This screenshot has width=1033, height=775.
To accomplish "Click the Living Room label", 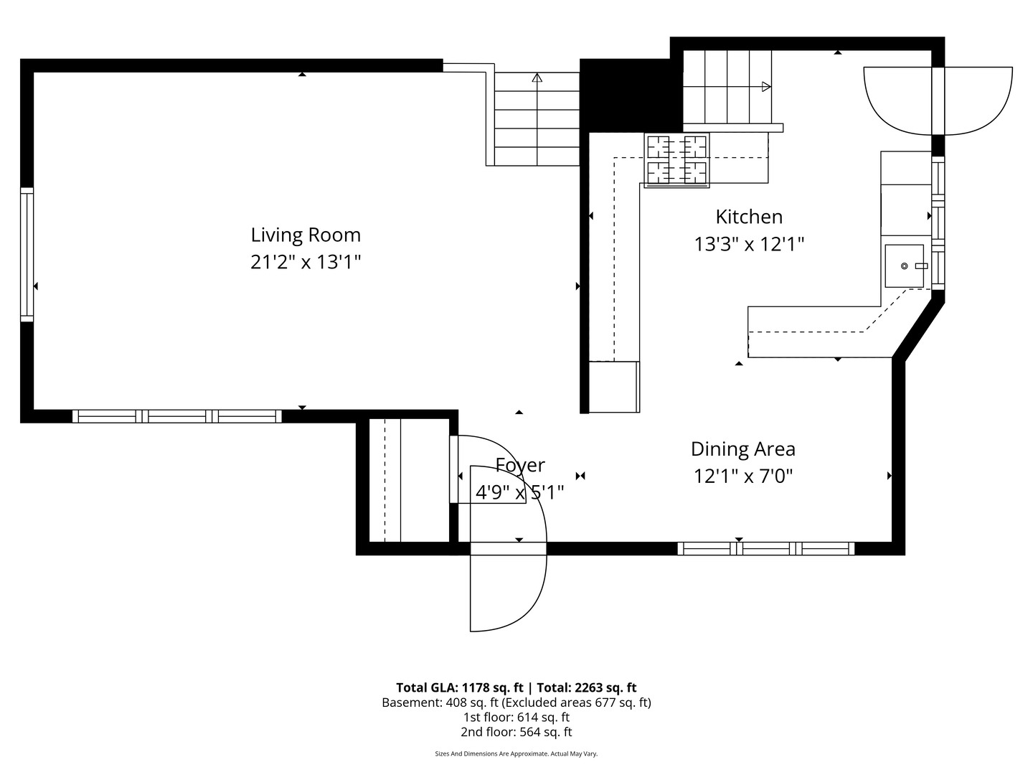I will tap(306, 235).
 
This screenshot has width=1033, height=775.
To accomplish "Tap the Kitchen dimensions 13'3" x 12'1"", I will tap(748, 245).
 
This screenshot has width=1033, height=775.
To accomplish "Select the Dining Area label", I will tap(742, 449).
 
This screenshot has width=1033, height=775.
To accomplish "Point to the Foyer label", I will tap(520, 466).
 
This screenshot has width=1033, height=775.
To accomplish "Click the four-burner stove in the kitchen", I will tap(677, 160).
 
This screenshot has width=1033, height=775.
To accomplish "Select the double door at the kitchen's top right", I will tap(938, 100).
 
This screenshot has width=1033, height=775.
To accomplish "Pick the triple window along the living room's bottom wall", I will tap(176, 416).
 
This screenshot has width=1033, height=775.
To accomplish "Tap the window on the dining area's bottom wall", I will tap(766, 549).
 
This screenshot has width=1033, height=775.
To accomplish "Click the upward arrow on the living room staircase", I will tap(537, 78).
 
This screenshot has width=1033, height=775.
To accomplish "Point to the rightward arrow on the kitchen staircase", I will tap(765, 87).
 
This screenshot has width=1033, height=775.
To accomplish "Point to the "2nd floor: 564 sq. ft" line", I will tap(516, 732).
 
